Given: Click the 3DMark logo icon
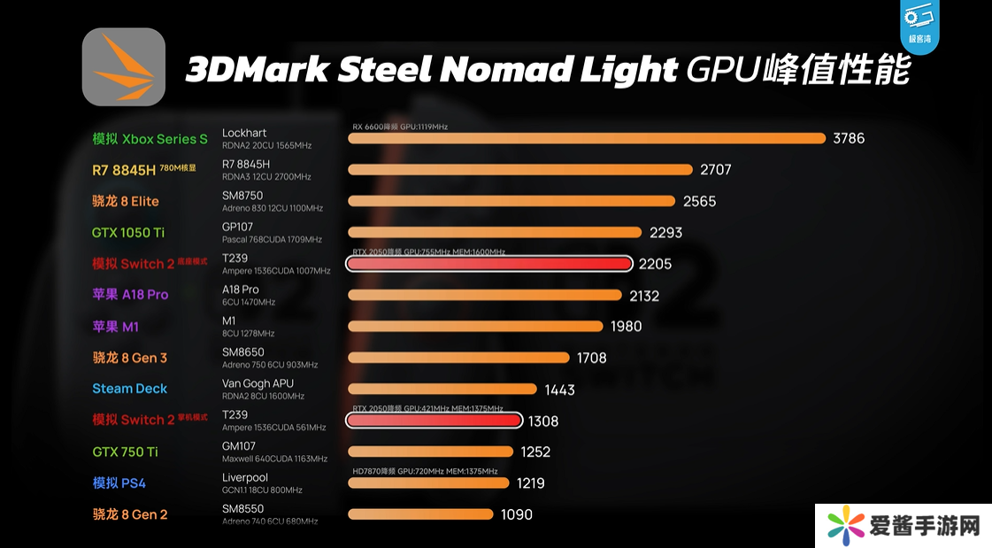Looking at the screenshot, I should [124, 67].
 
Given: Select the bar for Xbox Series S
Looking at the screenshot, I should [588, 138].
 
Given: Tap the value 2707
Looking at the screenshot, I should [715, 170].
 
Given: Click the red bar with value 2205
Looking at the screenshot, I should [490, 264].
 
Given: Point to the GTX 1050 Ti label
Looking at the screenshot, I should [128, 233].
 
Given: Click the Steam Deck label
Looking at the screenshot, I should [129, 389].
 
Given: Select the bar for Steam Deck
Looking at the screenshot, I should [442, 389].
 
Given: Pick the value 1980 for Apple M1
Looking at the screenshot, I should [626, 327].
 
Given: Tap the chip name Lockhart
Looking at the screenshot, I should [244, 134].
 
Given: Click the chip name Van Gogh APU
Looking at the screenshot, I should [258, 384].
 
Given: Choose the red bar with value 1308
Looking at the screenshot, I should [434, 421].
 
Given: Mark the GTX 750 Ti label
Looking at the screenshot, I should [125, 452].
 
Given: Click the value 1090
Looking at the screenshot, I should [516, 514].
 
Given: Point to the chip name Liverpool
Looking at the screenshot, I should [245, 478].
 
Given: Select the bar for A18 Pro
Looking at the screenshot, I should [485, 296].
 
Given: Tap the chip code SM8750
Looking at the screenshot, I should [242, 196].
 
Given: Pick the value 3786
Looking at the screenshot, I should [849, 138].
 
